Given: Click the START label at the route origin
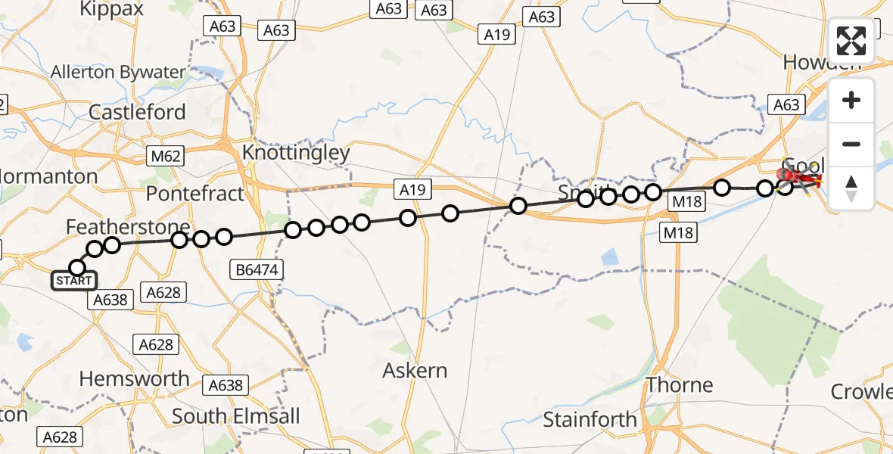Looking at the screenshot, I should [x=73, y=281].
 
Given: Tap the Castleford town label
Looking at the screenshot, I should [x=137, y=112].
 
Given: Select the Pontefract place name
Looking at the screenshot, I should [x=195, y=194].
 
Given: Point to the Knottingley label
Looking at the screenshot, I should [x=296, y=154].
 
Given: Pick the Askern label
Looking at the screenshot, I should [x=415, y=371].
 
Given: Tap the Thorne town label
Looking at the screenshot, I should [x=679, y=385].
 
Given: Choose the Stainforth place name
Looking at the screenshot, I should [x=590, y=419].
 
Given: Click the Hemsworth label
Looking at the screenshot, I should [x=134, y=378].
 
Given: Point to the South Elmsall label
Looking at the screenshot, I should [x=235, y=416].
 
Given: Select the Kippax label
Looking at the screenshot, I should [x=111, y=9].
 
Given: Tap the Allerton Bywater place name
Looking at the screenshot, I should [x=117, y=73].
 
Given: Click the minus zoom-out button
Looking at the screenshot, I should [x=851, y=144].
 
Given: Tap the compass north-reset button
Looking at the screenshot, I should [x=851, y=188].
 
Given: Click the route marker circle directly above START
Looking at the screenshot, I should [x=77, y=267].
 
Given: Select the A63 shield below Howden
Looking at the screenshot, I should [x=786, y=105].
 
